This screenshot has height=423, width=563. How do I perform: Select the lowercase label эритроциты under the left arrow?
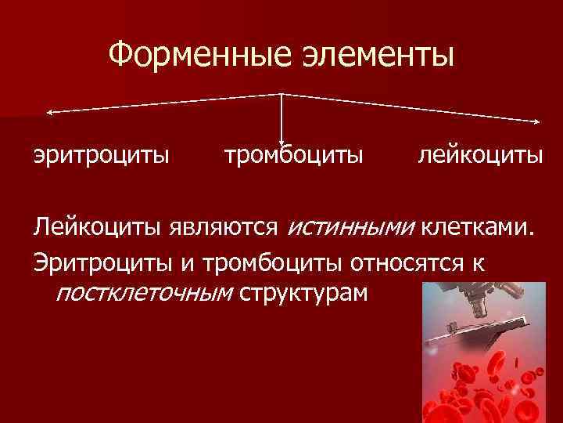click(101, 154)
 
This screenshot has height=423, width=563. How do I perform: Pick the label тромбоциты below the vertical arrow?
click(293, 154)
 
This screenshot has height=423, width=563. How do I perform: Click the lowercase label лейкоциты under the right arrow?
click(480, 154)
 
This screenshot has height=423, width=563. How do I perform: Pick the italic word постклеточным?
click(145, 293)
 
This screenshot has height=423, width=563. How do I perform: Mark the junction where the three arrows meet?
click(281, 94)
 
